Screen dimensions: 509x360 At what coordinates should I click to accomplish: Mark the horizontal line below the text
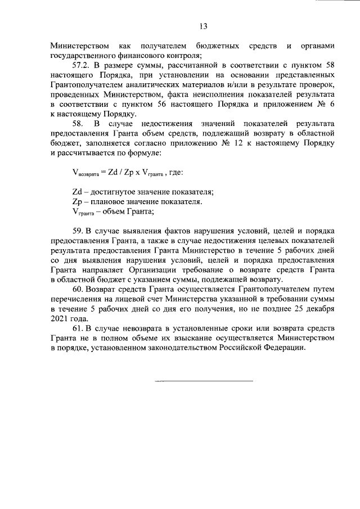(203, 381)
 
